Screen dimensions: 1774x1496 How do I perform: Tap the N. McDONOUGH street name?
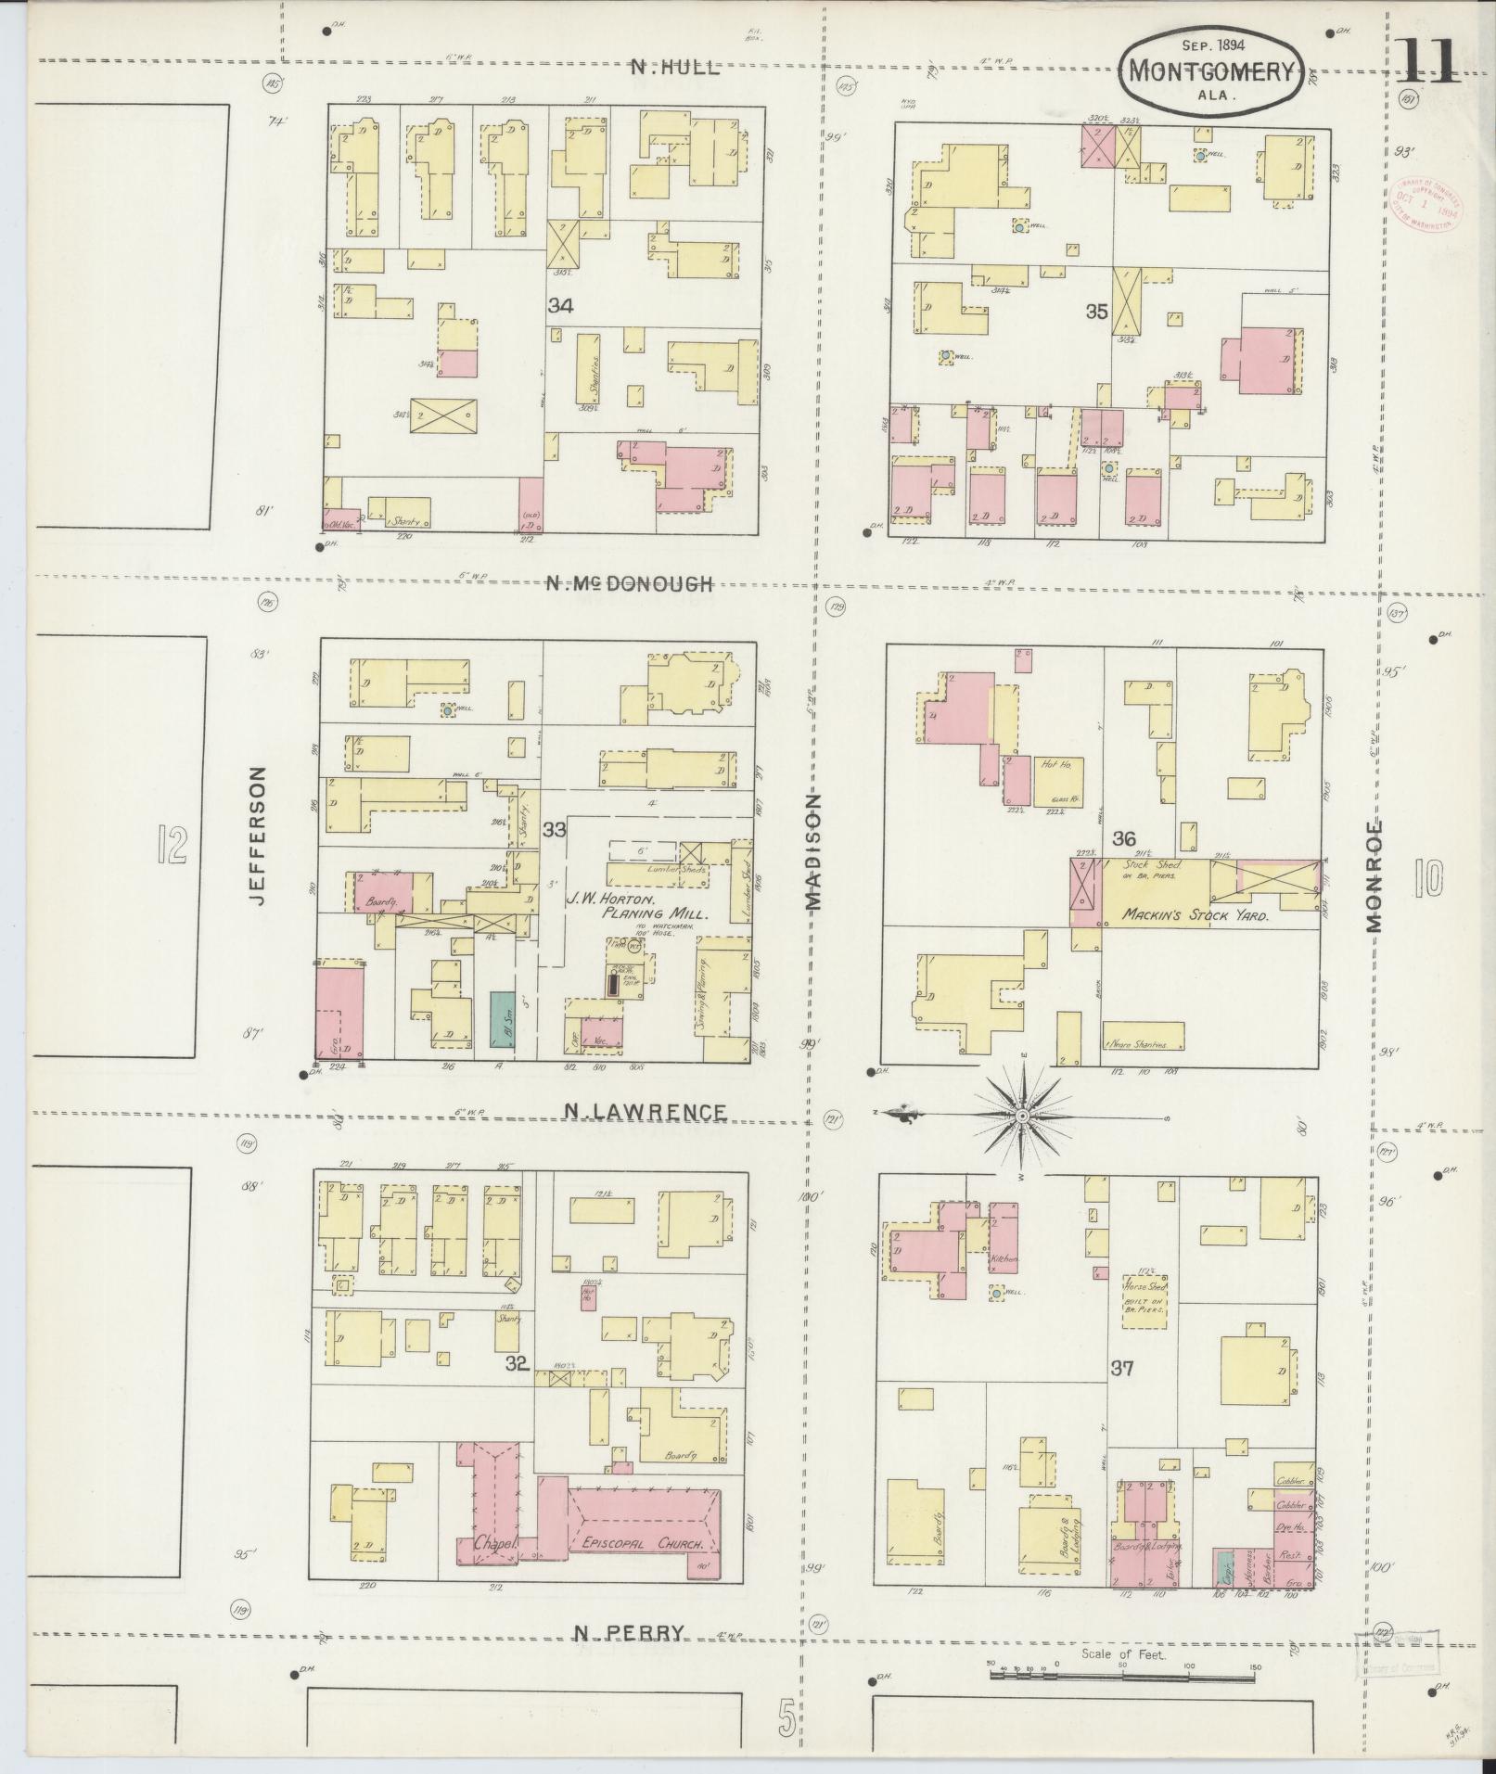pyautogui.click(x=629, y=583)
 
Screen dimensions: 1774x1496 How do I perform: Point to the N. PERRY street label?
pyautogui.click(x=630, y=1632)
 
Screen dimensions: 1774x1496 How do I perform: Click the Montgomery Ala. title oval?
pyautogui.click(x=1211, y=70)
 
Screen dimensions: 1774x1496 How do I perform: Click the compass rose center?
pyautogui.click(x=1021, y=1117)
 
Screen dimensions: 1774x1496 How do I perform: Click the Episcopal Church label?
pyautogui.click(x=644, y=1545)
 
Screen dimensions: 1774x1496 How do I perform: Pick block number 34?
pyautogui.click(x=559, y=305)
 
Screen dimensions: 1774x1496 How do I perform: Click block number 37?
pyautogui.click(x=1122, y=1367)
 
